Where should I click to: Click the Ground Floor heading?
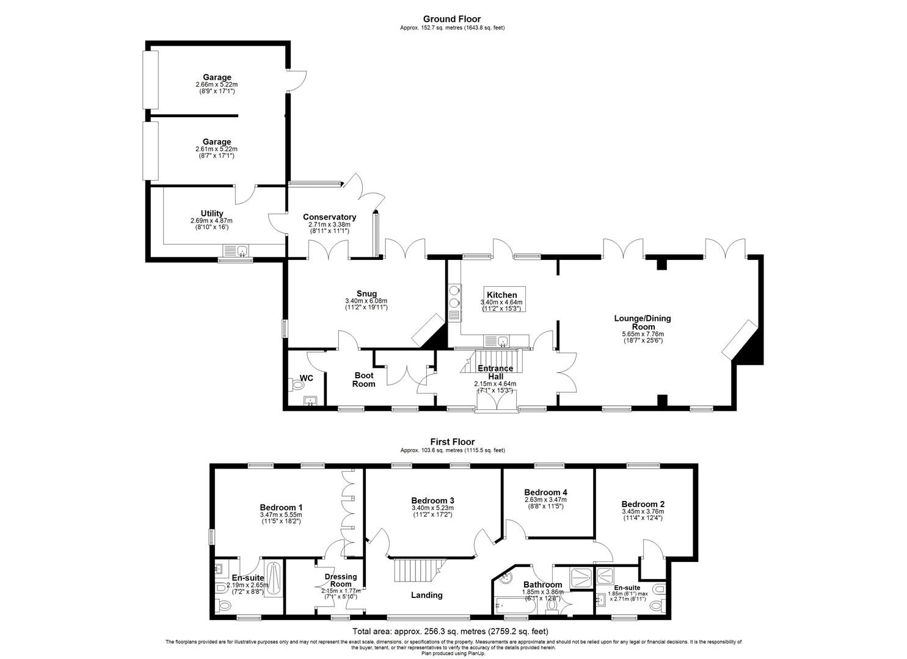point(452,19)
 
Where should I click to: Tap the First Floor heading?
point(453,442)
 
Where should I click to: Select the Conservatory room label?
point(329,217)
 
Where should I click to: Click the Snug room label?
point(366,293)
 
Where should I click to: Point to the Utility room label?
point(212,213)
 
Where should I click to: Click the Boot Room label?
point(363,380)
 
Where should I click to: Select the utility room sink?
point(236,250)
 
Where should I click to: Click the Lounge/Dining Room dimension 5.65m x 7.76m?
point(643,334)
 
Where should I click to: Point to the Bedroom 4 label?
point(545,492)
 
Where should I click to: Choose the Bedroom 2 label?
point(643,504)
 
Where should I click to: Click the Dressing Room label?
point(341,580)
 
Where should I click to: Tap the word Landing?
point(426,595)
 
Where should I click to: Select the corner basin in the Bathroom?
point(504,579)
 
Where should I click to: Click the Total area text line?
point(450,631)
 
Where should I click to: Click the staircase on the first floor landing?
point(420,571)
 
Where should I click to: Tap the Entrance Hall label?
point(495,372)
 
